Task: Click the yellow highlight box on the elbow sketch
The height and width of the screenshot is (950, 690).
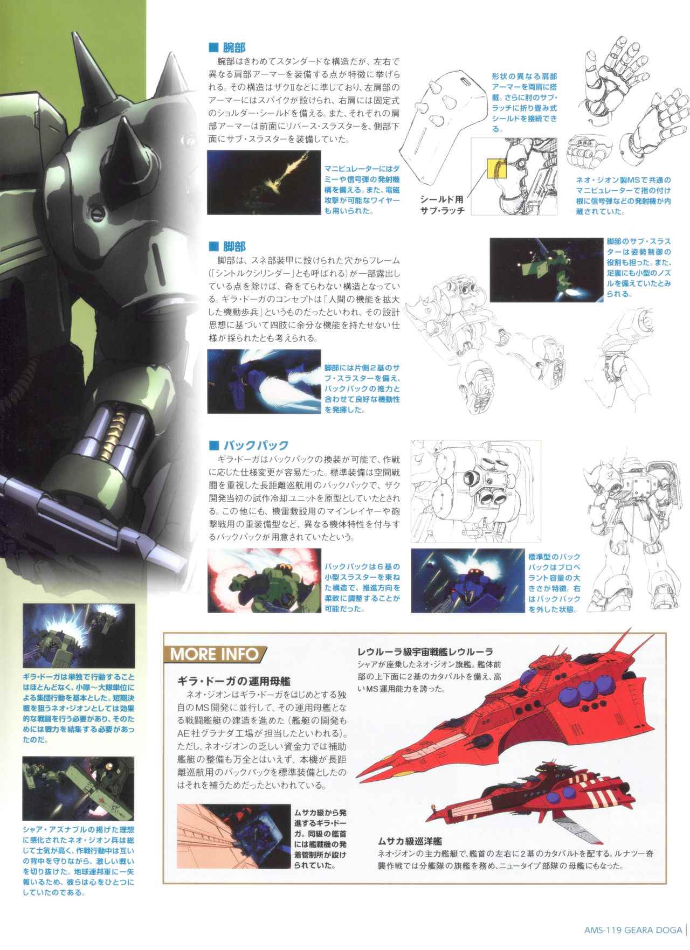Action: [x=496, y=169]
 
